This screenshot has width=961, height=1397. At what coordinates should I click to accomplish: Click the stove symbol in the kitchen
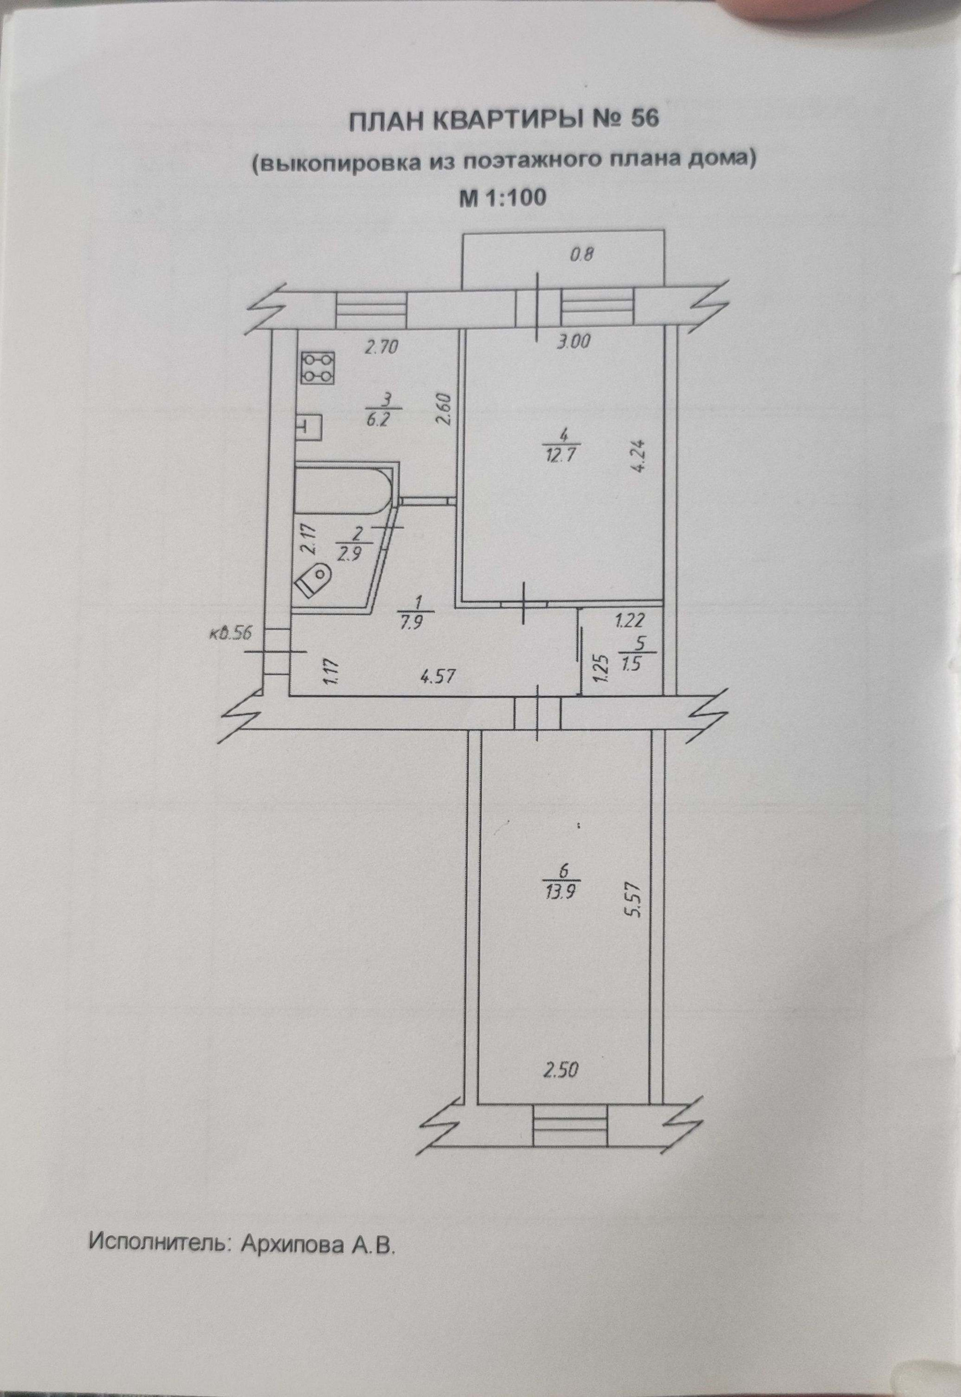[x=317, y=368]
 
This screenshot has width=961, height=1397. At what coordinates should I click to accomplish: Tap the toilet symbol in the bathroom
[x=315, y=580]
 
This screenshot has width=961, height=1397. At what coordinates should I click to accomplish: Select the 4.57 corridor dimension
[x=436, y=676]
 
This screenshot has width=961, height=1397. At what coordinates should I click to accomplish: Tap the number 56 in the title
[x=646, y=119]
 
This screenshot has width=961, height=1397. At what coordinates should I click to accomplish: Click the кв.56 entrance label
[x=232, y=634]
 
